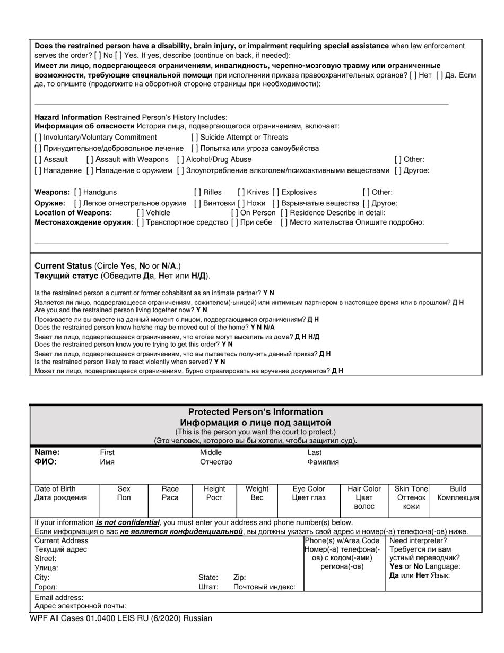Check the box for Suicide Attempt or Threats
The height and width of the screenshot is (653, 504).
[x=195, y=138]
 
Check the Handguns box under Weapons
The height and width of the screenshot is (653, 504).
[x=78, y=192]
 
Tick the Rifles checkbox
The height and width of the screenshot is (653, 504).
[x=197, y=192]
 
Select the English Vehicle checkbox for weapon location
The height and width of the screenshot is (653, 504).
[x=140, y=212]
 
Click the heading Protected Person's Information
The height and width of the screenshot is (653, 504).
[x=255, y=412]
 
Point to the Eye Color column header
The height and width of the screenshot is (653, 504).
[x=309, y=489]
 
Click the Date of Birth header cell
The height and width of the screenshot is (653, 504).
[x=55, y=489]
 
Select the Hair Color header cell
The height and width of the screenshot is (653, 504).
[x=364, y=489]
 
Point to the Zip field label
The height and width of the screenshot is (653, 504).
[x=239, y=577]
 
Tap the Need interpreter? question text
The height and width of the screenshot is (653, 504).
[x=418, y=540]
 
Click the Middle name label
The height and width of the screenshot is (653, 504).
[x=211, y=452]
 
